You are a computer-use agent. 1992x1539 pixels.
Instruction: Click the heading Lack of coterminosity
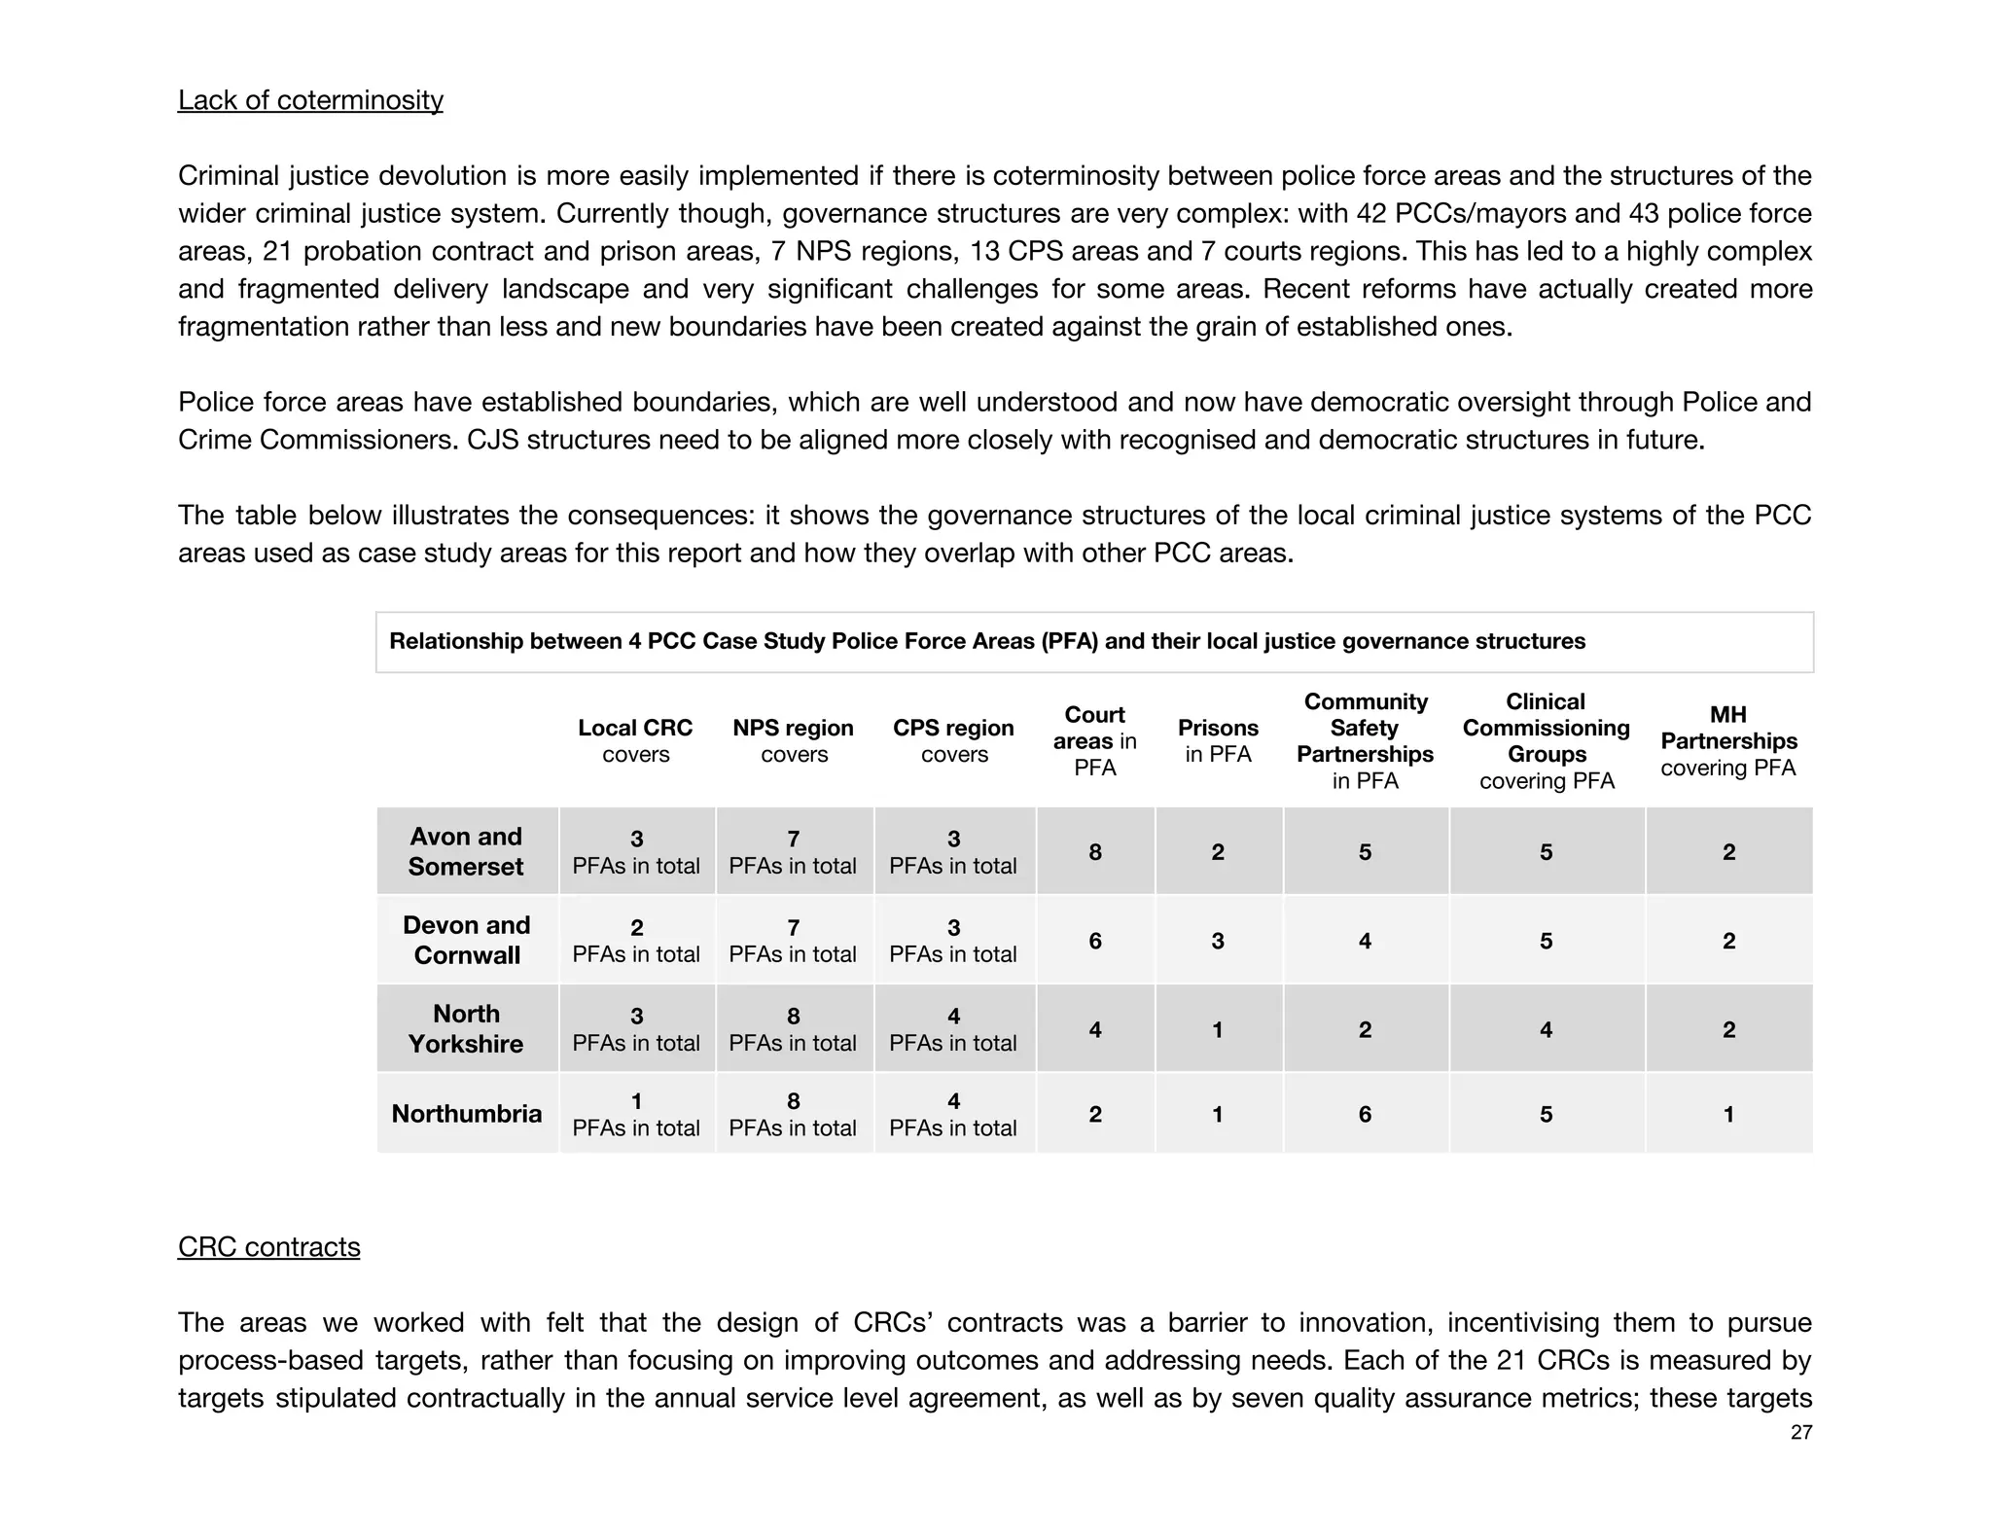[310, 100]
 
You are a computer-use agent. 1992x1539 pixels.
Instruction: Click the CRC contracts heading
[268, 1246]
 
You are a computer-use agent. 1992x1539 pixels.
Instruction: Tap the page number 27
[1800, 1432]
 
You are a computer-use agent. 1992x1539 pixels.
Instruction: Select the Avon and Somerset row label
[466, 851]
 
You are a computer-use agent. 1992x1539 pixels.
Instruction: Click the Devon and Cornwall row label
[467, 940]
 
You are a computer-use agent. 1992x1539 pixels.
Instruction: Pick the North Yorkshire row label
[466, 1028]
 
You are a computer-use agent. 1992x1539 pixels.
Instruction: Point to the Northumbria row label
[466, 1113]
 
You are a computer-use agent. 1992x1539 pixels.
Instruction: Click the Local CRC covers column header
[635, 740]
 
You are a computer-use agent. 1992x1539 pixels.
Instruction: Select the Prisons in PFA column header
[1218, 740]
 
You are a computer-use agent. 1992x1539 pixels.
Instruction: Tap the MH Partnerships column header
[1728, 740]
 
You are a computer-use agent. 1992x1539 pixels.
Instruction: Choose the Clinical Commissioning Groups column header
[1546, 740]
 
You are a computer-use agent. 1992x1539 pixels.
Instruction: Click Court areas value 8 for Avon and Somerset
[1095, 852]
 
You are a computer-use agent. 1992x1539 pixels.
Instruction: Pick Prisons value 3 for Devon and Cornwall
[1218, 941]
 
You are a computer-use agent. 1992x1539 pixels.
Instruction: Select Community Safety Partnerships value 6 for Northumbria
[1365, 1114]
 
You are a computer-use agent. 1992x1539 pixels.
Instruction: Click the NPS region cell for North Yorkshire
[793, 1029]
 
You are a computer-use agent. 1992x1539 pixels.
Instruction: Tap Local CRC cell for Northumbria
[636, 1114]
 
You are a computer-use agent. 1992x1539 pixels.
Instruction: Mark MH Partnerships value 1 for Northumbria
[1728, 1114]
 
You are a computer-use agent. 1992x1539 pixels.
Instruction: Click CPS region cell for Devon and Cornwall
[953, 941]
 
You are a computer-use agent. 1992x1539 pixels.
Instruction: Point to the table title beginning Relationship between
[986, 641]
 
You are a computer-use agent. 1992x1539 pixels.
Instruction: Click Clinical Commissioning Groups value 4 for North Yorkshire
[1546, 1029]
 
